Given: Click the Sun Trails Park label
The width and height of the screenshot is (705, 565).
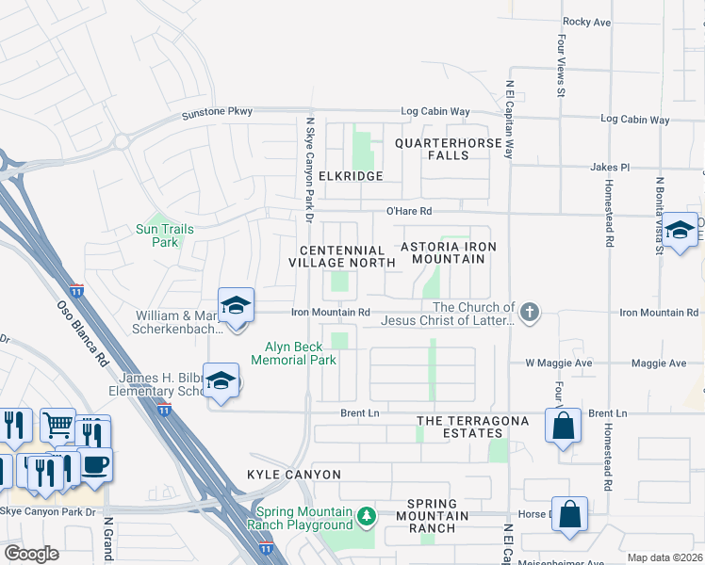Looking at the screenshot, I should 157,235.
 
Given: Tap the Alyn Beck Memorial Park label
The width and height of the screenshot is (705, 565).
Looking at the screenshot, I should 300,352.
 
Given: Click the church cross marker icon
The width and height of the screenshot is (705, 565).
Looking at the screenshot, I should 530,313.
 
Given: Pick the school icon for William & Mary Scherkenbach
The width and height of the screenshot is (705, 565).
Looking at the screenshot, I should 236,305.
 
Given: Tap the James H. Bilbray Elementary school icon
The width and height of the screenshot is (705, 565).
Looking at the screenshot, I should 221,381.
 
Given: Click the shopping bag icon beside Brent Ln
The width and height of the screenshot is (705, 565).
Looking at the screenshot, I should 562,425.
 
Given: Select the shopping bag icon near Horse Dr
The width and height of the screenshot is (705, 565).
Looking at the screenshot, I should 569,514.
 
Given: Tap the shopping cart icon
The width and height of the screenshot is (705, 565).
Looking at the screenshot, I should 57,426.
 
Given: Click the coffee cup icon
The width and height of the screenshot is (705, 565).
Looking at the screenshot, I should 94,464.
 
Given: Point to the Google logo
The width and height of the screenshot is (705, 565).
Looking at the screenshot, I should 31,554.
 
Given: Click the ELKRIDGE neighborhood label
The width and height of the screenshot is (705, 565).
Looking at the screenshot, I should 351,176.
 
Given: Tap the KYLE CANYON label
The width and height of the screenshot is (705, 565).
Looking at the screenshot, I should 293,475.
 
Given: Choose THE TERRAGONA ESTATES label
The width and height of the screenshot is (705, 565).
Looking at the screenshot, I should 459,427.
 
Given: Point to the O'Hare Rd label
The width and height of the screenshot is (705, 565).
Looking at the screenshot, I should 408,212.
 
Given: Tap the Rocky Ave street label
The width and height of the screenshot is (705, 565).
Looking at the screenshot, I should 587,22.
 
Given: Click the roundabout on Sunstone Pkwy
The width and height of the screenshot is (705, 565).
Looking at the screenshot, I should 122,142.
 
